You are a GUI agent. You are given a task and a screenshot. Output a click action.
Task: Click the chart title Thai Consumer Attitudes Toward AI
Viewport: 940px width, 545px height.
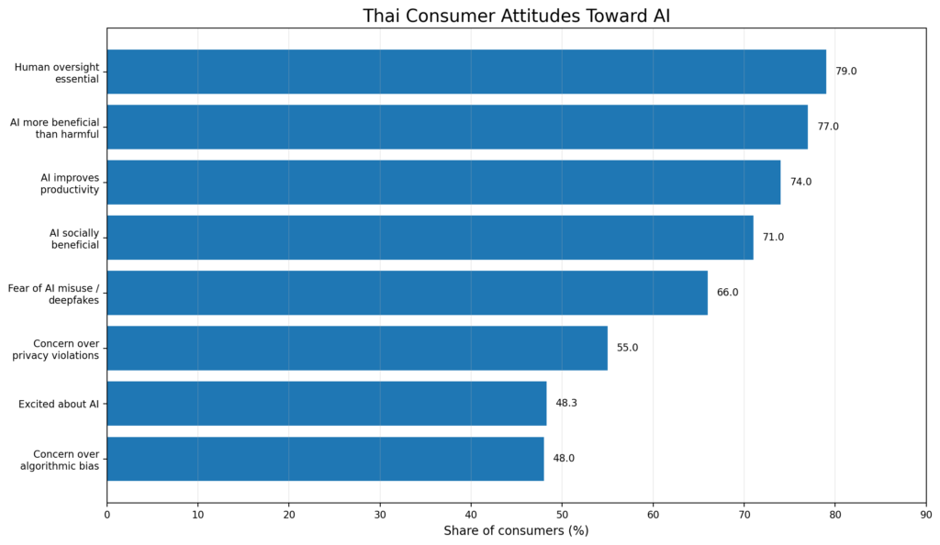click(x=516, y=16)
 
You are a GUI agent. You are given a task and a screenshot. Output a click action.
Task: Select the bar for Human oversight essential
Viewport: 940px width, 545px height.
click(x=466, y=72)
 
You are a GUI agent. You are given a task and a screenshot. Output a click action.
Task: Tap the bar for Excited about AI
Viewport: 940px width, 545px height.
click(x=327, y=404)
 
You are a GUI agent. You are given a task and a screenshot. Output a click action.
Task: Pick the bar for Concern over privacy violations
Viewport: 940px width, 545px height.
click(x=357, y=348)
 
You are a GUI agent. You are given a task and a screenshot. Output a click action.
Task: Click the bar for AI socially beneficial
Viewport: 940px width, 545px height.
click(x=430, y=238)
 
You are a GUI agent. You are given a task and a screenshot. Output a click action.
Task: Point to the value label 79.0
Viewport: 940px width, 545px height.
click(x=845, y=72)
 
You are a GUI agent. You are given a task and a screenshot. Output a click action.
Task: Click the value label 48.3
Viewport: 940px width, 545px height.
click(x=566, y=404)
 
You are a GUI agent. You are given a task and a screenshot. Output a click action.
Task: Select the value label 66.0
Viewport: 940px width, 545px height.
click(x=727, y=293)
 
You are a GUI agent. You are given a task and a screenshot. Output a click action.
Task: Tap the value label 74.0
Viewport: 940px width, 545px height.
click(x=800, y=182)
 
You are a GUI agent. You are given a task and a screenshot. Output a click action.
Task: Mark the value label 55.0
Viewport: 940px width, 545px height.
click(x=627, y=348)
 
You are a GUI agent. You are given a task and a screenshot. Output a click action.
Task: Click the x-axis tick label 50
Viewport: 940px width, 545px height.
click(x=562, y=514)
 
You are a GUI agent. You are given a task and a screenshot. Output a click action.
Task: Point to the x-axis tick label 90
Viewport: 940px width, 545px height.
click(x=925, y=514)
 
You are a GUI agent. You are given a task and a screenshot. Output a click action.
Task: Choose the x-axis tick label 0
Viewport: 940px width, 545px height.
click(x=107, y=514)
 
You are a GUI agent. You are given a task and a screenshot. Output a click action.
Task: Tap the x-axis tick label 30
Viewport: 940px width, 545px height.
click(x=380, y=514)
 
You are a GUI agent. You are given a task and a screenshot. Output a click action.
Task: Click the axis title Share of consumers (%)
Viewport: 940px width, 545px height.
click(x=516, y=530)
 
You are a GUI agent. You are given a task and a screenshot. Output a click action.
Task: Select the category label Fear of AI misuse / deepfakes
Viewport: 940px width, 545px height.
click(x=53, y=293)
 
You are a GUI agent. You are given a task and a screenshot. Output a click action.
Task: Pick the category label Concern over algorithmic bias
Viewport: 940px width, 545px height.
click(x=60, y=459)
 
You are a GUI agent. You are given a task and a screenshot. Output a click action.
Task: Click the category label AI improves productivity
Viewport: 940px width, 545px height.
click(x=70, y=182)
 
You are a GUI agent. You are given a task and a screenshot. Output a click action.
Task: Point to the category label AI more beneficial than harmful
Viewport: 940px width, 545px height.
click(x=55, y=127)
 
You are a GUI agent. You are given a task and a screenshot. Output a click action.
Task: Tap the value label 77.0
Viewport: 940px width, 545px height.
click(x=828, y=127)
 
